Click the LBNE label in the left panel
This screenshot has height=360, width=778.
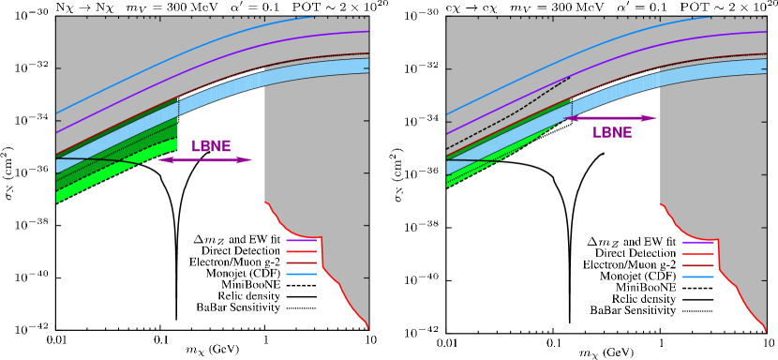click(211, 147)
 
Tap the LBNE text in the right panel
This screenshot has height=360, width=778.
click(612, 133)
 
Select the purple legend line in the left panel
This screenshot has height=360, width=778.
click(301, 241)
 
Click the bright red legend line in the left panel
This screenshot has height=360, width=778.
click(301, 252)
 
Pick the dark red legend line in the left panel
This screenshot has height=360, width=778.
click(301, 263)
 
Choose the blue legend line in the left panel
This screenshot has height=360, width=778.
click(301, 275)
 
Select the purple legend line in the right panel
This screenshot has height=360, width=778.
click(697, 242)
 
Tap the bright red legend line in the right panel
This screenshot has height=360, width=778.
click(697, 253)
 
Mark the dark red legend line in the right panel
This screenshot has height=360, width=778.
click(697, 265)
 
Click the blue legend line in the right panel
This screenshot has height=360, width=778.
click(697, 277)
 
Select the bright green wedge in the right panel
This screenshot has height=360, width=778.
click(487, 164)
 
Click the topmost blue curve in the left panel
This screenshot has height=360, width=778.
click(187, 55)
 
